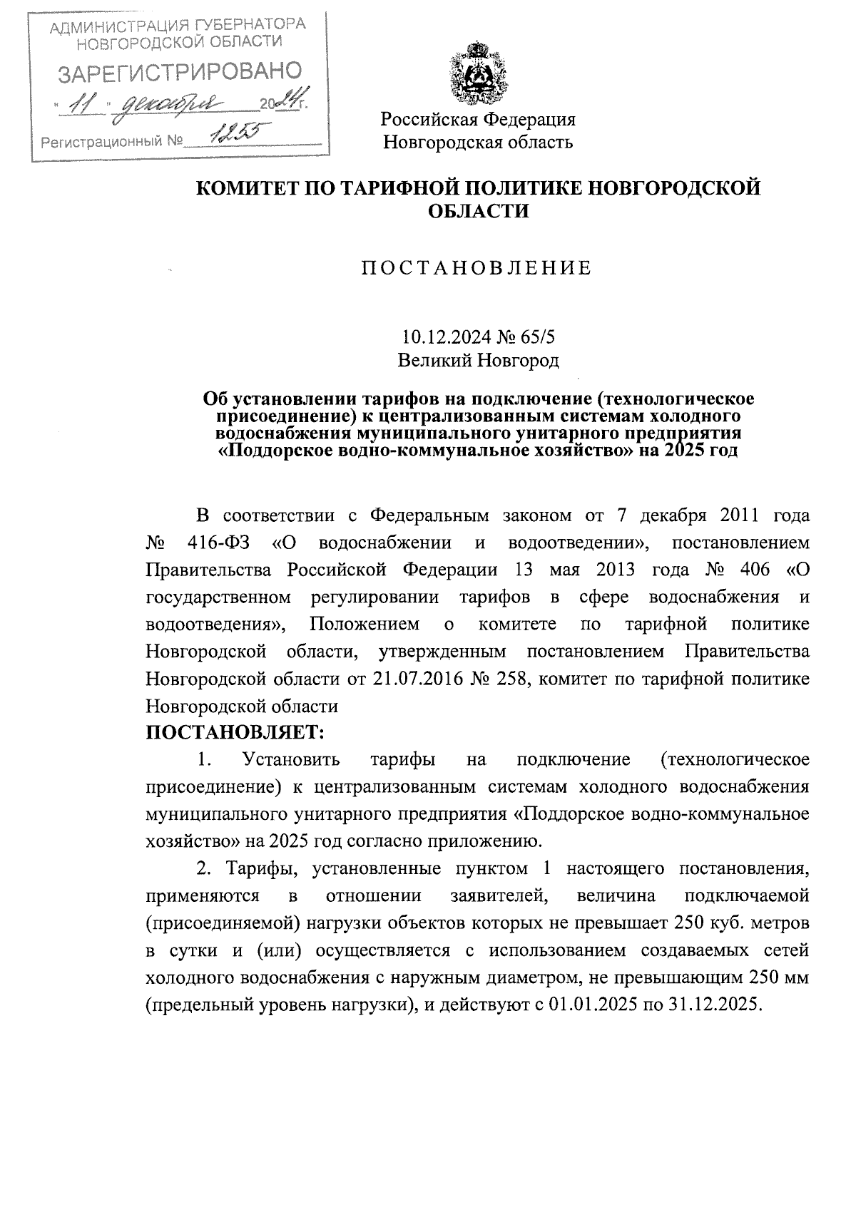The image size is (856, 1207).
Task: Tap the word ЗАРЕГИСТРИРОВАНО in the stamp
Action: [x=179, y=73]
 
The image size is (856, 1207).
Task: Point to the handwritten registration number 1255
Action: [x=235, y=133]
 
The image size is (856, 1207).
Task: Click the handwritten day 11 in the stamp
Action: [x=85, y=106]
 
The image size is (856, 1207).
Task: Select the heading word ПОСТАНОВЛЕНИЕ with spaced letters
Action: [x=477, y=268]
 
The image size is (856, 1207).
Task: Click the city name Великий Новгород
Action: [x=478, y=360]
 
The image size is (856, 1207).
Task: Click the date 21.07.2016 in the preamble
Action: [x=417, y=679]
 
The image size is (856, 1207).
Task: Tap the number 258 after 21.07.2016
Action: [x=507, y=679]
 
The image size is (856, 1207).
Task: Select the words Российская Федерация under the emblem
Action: [x=478, y=119]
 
